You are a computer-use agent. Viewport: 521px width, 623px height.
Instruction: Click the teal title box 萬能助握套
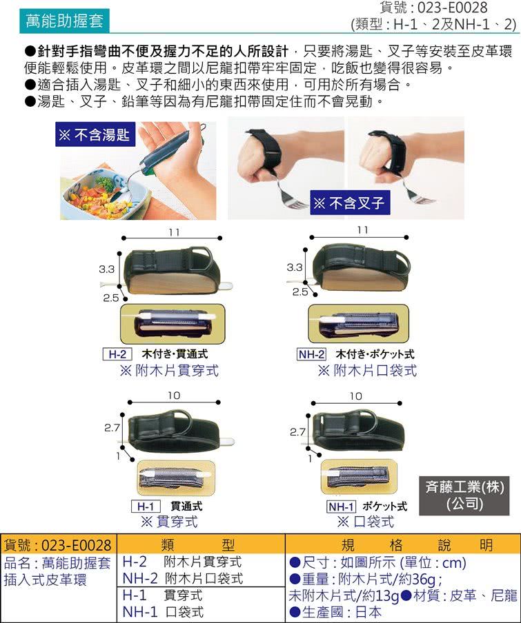pyautogui.click(x=64, y=21)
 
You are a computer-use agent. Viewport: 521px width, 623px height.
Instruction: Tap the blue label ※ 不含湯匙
pyautogui.click(x=95, y=134)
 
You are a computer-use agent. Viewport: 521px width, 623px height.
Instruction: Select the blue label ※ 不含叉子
pyautogui.click(x=350, y=203)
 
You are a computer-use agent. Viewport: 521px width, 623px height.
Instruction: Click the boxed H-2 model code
pyautogui.click(x=117, y=354)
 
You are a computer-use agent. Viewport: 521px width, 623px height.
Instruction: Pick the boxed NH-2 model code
pyautogui.click(x=311, y=354)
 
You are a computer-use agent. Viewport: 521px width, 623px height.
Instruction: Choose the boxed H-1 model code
pyautogui.click(x=146, y=506)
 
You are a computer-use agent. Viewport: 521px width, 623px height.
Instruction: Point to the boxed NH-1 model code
pyautogui.click(x=341, y=506)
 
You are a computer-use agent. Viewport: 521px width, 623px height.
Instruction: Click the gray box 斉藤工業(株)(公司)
pyautogui.click(x=464, y=496)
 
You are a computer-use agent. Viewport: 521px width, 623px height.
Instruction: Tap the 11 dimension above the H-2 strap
pyautogui.click(x=174, y=232)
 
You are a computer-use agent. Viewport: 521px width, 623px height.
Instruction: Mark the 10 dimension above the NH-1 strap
pyautogui.click(x=356, y=396)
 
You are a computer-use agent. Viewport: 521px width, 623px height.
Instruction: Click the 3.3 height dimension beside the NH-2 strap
pyautogui.click(x=294, y=267)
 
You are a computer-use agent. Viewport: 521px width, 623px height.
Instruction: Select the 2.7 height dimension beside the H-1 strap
pyautogui.click(x=112, y=428)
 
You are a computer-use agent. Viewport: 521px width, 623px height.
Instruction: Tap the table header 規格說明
pyautogui.click(x=417, y=544)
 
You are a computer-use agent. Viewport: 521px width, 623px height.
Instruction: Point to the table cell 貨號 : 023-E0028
pyautogui.click(x=58, y=544)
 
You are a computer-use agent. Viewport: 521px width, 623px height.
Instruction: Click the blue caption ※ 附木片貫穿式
pyautogui.click(x=169, y=371)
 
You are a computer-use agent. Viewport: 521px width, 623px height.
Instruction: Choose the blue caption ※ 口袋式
pyautogui.click(x=365, y=521)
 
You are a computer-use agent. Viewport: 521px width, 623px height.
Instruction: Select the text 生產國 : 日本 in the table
pyautogui.click(x=335, y=612)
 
